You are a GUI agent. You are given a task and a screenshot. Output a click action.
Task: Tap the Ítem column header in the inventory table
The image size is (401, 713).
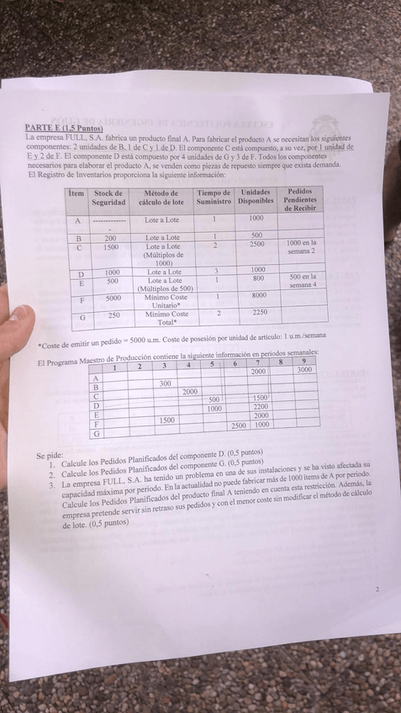(77, 193)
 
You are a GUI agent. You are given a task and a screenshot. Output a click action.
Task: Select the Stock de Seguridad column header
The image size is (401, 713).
(109, 198)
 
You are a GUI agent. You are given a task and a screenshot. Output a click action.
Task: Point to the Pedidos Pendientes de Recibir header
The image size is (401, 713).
(300, 199)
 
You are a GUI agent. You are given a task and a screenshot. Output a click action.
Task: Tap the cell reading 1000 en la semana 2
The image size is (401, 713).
(301, 247)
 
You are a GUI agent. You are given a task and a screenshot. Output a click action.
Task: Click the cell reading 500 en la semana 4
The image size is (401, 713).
(303, 280)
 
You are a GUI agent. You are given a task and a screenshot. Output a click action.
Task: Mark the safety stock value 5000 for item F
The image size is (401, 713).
(113, 298)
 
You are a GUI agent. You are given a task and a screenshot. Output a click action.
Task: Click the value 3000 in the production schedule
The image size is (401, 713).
(303, 370)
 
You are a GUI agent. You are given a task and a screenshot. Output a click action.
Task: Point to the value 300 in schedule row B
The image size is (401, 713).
(165, 383)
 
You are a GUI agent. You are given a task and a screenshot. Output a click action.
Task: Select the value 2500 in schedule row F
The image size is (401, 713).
(239, 425)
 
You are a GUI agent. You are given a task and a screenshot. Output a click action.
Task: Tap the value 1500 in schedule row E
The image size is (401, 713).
(166, 419)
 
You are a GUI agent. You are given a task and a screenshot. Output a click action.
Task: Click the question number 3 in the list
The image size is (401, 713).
(52, 485)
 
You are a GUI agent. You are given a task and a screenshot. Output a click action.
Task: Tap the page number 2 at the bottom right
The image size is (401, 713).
(377, 590)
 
